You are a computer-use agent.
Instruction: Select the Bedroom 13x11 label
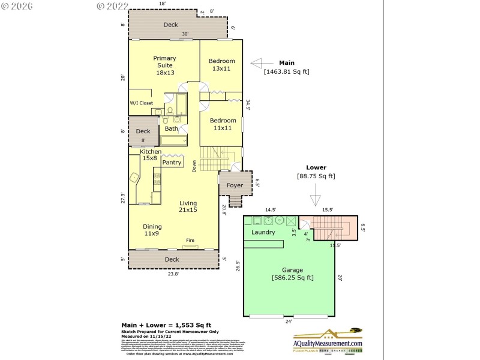(221, 65)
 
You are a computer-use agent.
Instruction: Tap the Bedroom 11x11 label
(222, 124)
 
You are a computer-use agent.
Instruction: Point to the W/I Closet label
(142, 103)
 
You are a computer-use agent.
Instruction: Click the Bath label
(172, 128)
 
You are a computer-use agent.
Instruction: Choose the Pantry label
(172, 163)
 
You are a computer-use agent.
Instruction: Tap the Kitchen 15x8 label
(151, 155)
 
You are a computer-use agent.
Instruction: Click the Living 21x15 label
(188, 206)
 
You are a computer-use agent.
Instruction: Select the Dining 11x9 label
(152, 230)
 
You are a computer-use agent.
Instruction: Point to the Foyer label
(232, 186)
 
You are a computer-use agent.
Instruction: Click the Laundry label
(263, 232)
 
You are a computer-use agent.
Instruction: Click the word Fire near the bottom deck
(190, 241)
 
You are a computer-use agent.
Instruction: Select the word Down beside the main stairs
(194, 166)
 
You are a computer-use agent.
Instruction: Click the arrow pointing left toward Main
(262, 62)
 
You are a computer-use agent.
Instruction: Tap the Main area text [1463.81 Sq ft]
(286, 71)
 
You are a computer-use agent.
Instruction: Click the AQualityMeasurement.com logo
(327, 340)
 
